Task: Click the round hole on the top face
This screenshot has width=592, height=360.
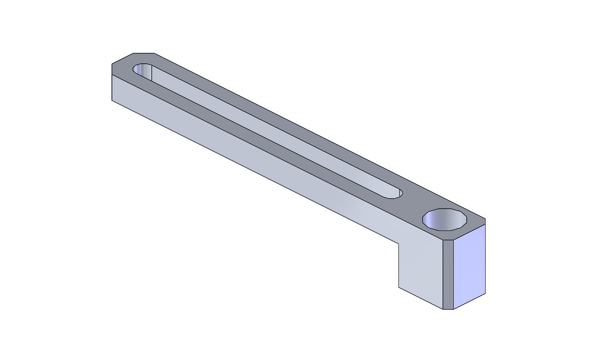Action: point(445,219)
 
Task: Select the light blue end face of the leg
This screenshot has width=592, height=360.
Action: point(470,266)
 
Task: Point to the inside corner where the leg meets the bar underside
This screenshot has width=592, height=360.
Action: point(398,243)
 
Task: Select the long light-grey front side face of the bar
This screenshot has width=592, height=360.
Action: point(251,159)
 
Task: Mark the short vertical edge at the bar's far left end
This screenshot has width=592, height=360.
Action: point(112,88)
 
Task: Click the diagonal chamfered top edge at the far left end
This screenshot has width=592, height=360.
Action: point(122,58)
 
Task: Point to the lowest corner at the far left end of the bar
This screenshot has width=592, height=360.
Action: point(112,101)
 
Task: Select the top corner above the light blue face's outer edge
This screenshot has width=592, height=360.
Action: point(485,219)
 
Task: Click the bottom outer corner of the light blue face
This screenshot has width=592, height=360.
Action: point(485,293)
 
